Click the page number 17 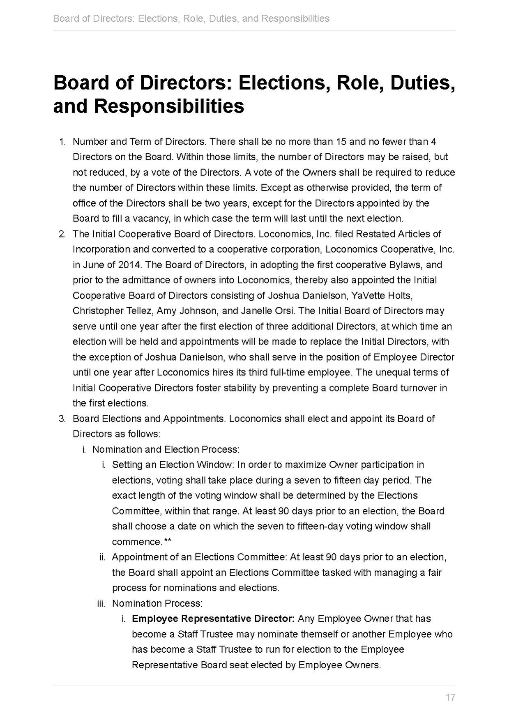coord(450,697)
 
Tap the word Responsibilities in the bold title coord(169,106)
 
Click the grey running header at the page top coord(191,18)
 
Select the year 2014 coord(129,265)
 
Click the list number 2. coord(62,234)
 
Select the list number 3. coord(62,419)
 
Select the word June coord(92,265)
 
